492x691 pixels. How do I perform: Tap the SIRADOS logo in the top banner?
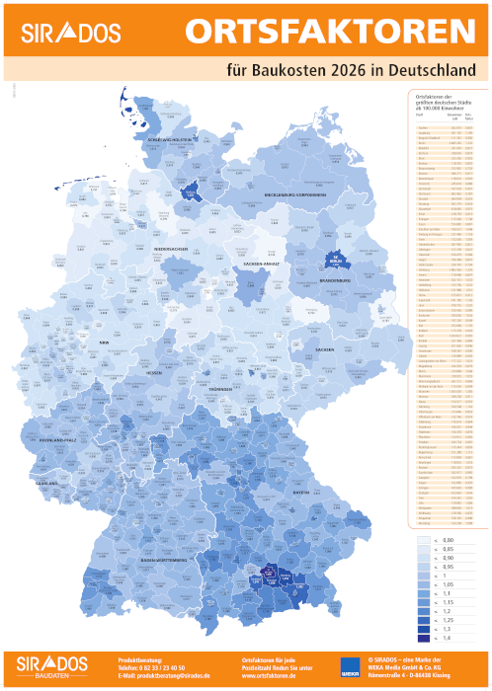tap(63, 32)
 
